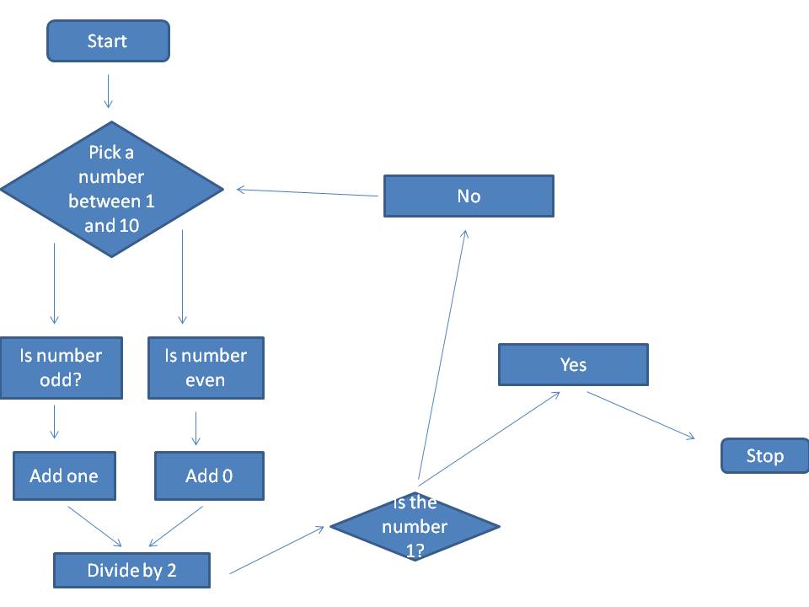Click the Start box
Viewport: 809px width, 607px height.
pos(108,41)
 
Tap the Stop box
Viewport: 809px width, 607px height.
pos(764,456)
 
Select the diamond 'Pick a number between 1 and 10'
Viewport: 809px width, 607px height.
pos(111,189)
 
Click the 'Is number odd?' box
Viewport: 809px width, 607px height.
pos(61,368)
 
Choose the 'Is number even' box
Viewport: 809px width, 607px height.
pos(206,368)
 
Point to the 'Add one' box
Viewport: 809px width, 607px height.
pos(64,475)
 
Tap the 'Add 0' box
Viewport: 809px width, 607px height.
pos(209,475)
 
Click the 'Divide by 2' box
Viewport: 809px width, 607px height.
pos(131,571)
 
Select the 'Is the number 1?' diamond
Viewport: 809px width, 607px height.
pos(415,527)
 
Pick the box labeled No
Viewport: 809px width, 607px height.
pos(469,196)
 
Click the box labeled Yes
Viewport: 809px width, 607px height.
pos(573,364)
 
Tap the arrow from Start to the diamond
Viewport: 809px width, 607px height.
pos(108,91)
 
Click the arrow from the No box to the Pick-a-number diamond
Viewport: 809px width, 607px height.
pos(308,192)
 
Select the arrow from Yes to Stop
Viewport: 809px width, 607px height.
pos(640,415)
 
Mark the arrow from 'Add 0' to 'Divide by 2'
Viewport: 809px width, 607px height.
pos(176,525)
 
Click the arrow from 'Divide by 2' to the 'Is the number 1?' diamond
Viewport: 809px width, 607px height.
pos(277,551)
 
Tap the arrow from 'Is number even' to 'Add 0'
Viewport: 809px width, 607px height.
pos(196,427)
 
